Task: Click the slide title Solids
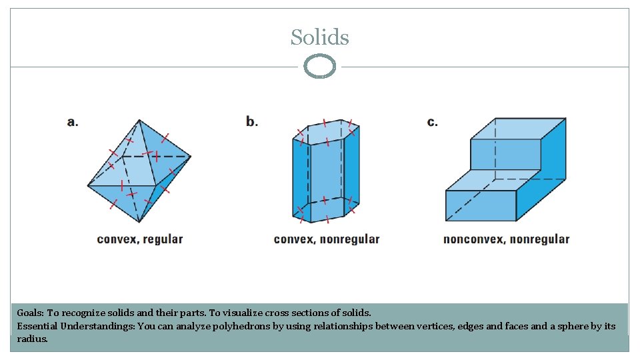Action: coord(319,37)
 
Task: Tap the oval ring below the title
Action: coord(319,67)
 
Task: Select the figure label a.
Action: coord(73,122)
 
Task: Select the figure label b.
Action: coord(252,122)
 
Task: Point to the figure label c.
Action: coord(433,122)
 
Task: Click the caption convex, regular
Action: coord(140,239)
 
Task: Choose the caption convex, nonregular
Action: coord(327,239)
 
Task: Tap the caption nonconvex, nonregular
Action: coord(506,239)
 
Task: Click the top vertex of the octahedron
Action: coord(139,120)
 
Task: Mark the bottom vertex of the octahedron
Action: coord(140,222)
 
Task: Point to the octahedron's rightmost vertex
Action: coord(191,157)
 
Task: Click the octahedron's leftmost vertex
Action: coord(88,185)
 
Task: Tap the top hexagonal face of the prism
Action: coord(327,132)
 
